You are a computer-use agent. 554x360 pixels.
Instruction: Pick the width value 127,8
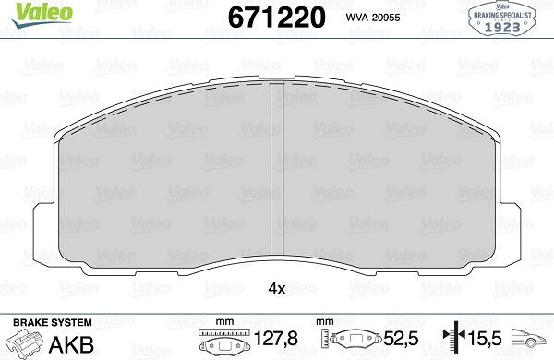[x=276, y=339]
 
